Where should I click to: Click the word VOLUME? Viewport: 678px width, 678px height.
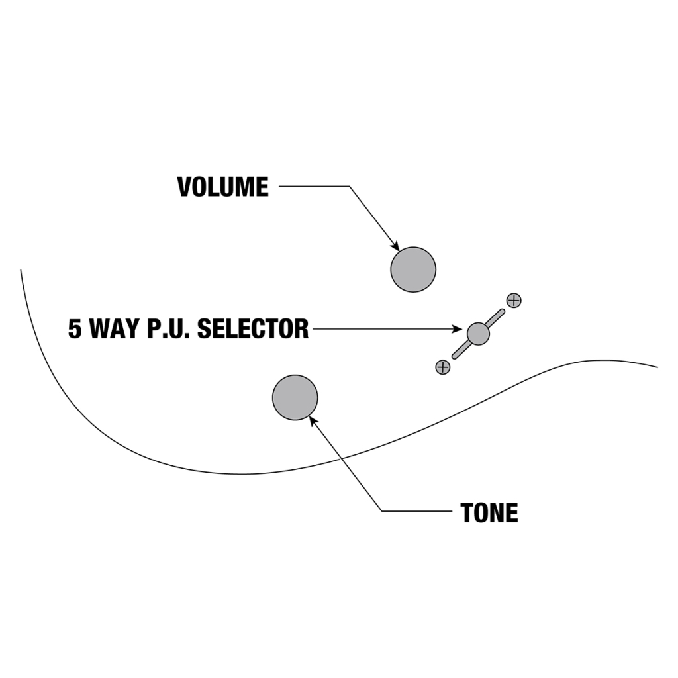click(x=223, y=187)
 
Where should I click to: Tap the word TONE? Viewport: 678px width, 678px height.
click(x=489, y=512)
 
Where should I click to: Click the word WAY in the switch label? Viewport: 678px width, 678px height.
click(x=116, y=328)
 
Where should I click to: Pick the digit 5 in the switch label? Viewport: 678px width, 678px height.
click(x=75, y=328)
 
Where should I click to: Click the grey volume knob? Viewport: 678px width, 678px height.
click(x=413, y=269)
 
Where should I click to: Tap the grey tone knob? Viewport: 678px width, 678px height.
click(x=295, y=397)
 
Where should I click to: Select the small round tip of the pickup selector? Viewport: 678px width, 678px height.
click(x=478, y=334)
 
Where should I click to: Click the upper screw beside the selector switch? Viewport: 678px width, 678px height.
click(x=514, y=300)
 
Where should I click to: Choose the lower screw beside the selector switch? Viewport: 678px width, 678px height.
click(x=443, y=367)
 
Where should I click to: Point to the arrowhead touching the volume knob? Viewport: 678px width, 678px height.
click(x=395, y=246)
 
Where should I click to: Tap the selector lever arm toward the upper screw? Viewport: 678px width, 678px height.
click(x=496, y=318)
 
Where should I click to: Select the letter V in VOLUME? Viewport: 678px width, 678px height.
click(x=184, y=187)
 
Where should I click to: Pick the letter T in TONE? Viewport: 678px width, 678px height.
click(x=467, y=512)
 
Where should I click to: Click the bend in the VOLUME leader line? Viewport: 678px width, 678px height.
click(x=349, y=187)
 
